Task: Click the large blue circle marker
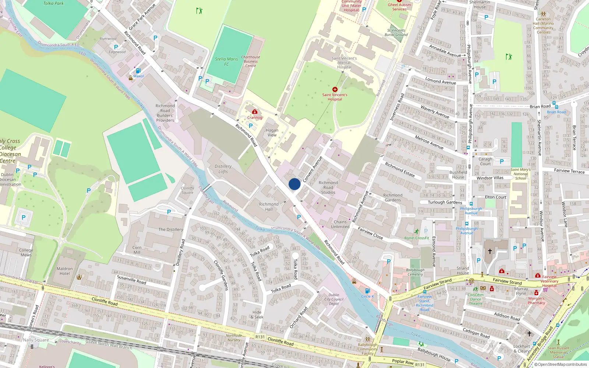point(294,184)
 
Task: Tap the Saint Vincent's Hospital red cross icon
point(335,89)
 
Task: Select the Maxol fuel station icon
point(138,71)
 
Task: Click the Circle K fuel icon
point(367,291)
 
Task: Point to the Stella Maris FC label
point(226,61)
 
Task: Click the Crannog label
point(255,118)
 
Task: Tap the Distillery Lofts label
point(223,169)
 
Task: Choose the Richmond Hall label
point(269,207)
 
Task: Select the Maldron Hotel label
point(65,271)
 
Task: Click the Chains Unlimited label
point(340,224)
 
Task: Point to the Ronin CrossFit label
point(416,238)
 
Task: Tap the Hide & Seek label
point(257,315)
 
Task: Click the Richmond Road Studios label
point(328,187)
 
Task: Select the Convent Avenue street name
point(313,169)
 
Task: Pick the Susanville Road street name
point(131,280)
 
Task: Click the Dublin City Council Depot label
point(334,299)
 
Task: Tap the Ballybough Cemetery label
point(415,272)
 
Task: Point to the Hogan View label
point(272,132)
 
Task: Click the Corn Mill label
point(137,250)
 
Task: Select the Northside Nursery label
point(234,338)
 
